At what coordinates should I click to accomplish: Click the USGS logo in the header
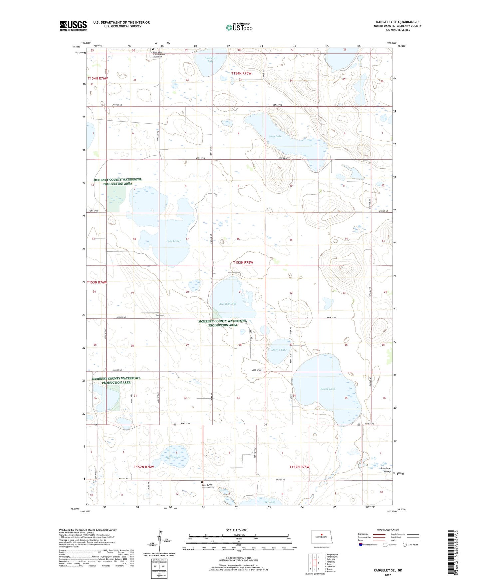tap(73, 25)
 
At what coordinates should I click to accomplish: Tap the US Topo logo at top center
tap(239, 27)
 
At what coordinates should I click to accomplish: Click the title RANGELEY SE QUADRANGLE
tap(397, 22)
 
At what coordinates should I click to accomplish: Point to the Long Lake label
tap(275, 136)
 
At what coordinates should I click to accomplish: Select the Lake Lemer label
tap(173, 241)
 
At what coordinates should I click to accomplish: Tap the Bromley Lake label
tap(228, 304)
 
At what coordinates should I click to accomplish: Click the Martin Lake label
tap(279, 350)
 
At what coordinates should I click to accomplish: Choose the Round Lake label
tap(328, 389)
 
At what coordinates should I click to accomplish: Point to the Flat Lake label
tap(269, 502)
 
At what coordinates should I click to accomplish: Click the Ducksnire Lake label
tap(210, 59)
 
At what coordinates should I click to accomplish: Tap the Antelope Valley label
tap(385, 470)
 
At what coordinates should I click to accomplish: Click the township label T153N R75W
tap(243, 262)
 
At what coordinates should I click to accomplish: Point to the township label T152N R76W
tap(144, 467)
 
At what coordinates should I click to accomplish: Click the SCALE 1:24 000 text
tap(237, 530)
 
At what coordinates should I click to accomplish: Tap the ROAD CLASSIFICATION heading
tap(388, 530)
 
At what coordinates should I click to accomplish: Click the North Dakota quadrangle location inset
tap(322, 538)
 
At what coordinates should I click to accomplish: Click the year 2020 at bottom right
tap(388, 575)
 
